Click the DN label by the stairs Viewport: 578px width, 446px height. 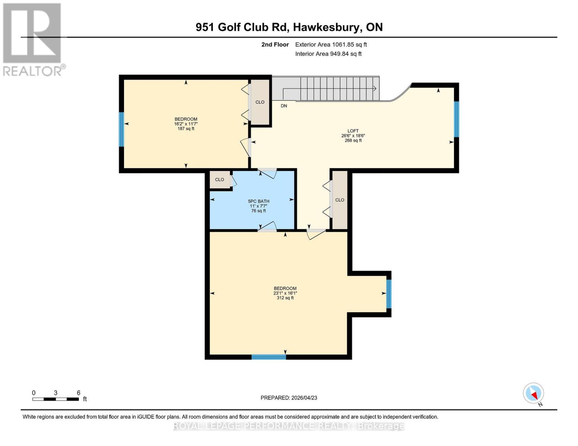click(284, 106)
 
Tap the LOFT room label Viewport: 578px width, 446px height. click(353, 131)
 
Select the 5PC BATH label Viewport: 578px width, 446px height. click(259, 201)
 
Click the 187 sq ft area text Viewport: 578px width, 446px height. click(186, 129)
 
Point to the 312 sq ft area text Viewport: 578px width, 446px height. click(285, 298)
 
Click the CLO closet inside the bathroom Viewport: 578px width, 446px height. click(220, 180)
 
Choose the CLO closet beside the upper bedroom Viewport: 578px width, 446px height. click(260, 102)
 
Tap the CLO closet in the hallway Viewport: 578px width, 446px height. click(339, 200)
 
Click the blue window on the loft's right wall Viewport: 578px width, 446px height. click(456, 119)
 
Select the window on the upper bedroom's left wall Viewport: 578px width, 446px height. click(121, 129)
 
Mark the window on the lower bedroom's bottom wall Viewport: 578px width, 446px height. click(268, 357)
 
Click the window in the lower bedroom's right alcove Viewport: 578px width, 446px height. click(389, 294)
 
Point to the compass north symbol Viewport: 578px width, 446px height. click(533, 393)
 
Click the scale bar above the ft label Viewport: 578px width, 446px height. click(55, 399)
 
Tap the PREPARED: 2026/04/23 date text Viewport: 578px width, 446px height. click(289, 398)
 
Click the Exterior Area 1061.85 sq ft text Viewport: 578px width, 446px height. click(331, 45)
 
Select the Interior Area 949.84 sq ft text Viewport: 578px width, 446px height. click(328, 54)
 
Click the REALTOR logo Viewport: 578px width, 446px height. click(33, 39)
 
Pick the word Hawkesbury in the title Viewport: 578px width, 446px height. click(326, 27)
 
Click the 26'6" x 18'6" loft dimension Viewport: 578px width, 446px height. click(353, 136)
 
